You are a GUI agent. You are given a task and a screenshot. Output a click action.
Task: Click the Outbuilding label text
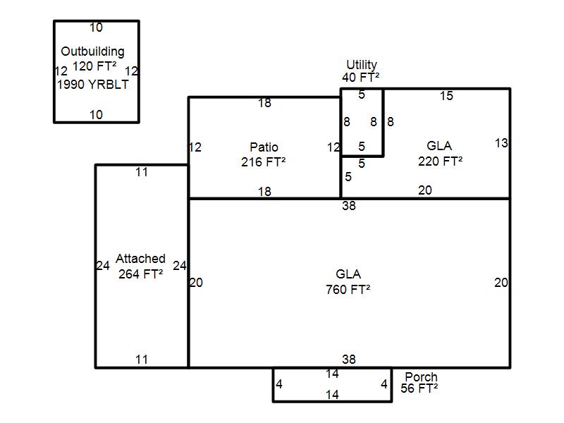coord(92,51)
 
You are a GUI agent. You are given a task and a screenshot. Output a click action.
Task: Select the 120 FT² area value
coord(94,67)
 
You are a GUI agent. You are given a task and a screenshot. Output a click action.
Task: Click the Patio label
coord(264,147)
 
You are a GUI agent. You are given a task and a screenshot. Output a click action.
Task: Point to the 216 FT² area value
coord(263,161)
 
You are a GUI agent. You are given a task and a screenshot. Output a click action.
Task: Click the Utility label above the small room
coord(361,65)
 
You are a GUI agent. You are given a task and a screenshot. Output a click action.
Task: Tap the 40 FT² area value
coord(361,77)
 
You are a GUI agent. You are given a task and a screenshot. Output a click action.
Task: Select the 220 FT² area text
coord(440,161)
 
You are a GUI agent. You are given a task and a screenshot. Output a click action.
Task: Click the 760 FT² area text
coord(348,289)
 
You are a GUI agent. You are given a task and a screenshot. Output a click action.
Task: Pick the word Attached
coord(140,259)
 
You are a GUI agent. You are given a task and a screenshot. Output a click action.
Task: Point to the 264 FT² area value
coord(141,274)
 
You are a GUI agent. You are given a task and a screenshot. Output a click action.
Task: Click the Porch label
coord(421,377)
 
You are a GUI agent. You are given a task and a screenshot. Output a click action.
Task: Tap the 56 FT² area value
coord(419,388)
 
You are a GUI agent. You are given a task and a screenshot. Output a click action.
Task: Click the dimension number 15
coord(446,96)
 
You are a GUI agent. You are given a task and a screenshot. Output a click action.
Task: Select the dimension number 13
coord(501,143)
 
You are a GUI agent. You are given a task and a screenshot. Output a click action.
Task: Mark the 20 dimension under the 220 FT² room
coord(425,190)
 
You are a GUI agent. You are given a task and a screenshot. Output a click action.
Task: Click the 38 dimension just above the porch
coord(348,360)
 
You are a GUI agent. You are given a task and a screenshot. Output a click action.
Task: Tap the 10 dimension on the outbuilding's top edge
coord(96,27)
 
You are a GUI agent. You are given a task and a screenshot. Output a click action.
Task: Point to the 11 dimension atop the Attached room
coord(142,171)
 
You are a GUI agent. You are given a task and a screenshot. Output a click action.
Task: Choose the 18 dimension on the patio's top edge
coord(264,103)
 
